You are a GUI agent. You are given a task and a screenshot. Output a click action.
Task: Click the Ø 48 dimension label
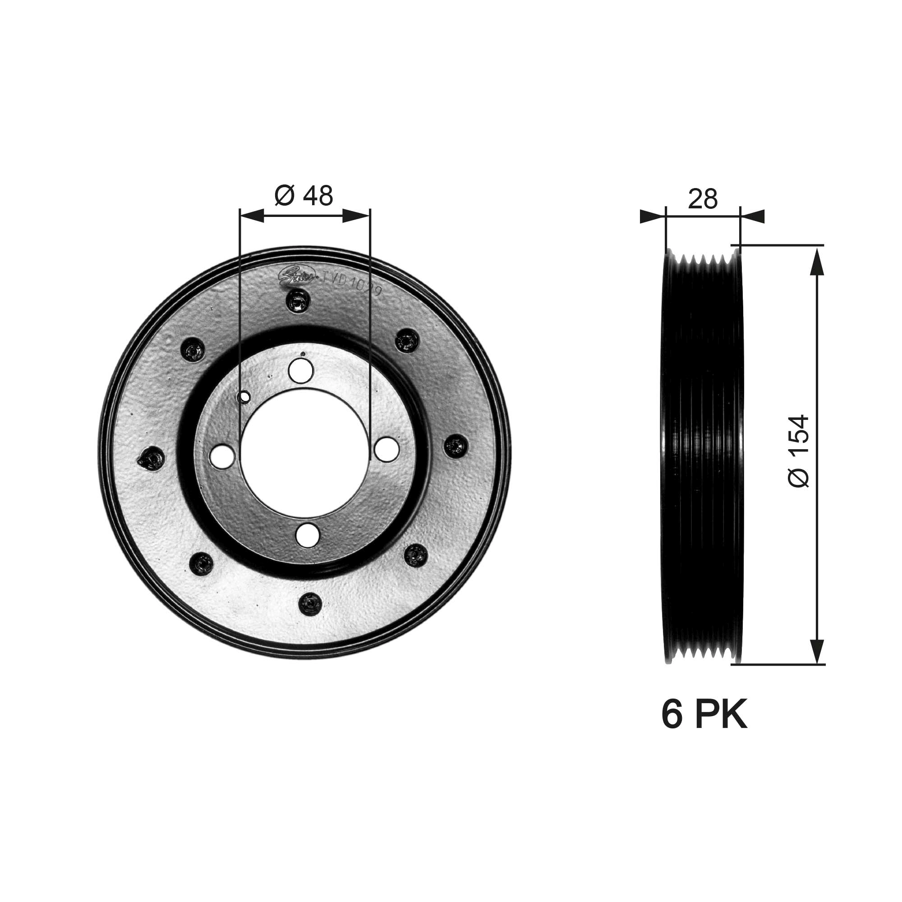(x=304, y=196)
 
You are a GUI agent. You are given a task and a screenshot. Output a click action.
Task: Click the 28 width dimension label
(x=703, y=199)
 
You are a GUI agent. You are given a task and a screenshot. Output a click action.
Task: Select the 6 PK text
(x=704, y=728)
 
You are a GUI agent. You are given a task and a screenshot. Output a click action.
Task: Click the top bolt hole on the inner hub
(x=301, y=371)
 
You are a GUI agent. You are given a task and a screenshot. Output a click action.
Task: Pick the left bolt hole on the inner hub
(x=222, y=456)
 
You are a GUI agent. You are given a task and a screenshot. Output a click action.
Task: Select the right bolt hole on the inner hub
(x=387, y=449)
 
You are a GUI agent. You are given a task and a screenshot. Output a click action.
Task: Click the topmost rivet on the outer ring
(x=298, y=301)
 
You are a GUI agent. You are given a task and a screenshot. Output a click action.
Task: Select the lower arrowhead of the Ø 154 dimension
(x=816, y=649)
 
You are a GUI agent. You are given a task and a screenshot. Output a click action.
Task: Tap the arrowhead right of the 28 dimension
(x=752, y=216)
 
